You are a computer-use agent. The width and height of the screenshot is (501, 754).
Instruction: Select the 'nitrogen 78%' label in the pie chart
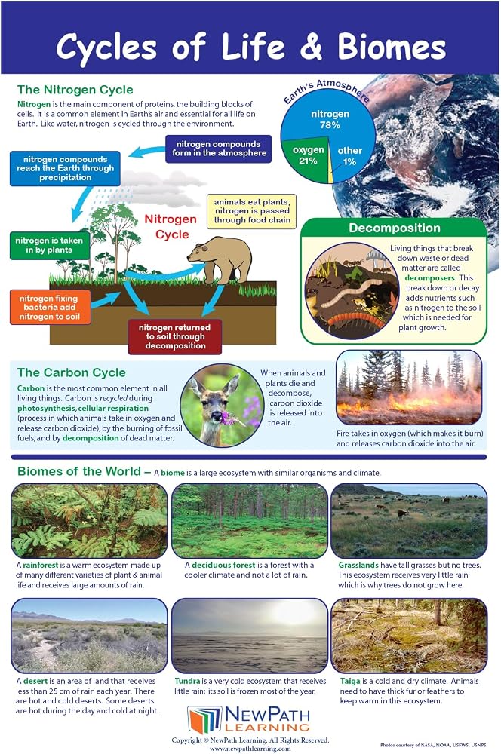[330, 119]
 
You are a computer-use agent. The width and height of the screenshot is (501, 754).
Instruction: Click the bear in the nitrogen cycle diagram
[220, 259]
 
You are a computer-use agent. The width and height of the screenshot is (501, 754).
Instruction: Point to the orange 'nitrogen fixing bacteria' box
[50, 308]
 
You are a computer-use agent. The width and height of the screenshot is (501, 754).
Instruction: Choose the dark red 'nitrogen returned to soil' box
[175, 336]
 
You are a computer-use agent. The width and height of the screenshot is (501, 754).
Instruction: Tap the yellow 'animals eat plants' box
[252, 211]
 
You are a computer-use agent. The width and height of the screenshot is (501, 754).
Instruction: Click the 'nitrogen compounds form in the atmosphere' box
[219, 149]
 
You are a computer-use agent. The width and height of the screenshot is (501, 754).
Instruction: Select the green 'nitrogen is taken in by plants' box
[50, 245]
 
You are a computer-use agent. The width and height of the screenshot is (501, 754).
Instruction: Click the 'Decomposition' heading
[394, 228]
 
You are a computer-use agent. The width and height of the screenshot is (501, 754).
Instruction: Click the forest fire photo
[409, 387]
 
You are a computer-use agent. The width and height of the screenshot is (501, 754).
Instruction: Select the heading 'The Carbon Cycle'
[72, 372]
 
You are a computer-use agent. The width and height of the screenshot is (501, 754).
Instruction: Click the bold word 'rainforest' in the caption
[41, 565]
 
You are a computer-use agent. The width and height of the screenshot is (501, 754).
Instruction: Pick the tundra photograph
[249, 635]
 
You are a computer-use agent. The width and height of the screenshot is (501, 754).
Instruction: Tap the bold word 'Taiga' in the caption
[350, 681]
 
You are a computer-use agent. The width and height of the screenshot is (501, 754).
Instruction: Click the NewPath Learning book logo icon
[204, 720]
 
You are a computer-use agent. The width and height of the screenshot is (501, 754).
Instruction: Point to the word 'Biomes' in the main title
[392, 47]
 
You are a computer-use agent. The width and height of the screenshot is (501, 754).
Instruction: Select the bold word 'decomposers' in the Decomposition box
[429, 278]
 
